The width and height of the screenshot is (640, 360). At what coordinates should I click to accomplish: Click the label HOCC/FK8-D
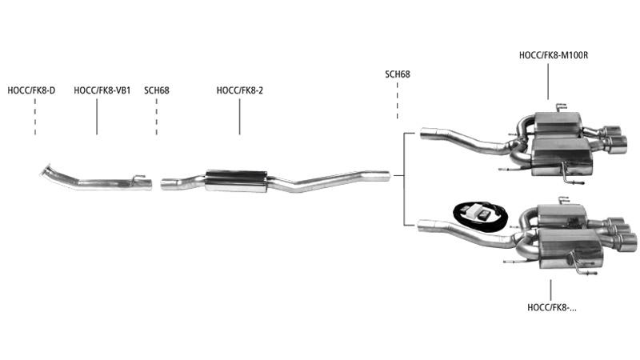pyautogui.click(x=31, y=90)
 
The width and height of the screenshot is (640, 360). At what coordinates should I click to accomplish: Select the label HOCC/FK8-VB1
pyautogui.click(x=102, y=90)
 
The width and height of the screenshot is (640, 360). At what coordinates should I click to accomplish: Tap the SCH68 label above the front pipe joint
pyautogui.click(x=156, y=90)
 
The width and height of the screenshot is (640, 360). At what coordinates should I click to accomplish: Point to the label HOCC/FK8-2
pyautogui.click(x=239, y=90)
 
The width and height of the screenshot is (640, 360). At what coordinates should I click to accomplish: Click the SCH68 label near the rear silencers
pyautogui.click(x=398, y=74)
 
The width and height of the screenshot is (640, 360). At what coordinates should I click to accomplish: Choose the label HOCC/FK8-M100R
pyautogui.click(x=554, y=55)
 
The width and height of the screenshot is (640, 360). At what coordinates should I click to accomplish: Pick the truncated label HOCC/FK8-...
pyautogui.click(x=552, y=308)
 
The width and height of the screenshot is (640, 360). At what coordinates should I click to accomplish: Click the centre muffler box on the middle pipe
pyautogui.click(x=236, y=181)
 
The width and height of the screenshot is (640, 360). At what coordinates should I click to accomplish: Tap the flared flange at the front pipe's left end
pyautogui.click(x=45, y=170)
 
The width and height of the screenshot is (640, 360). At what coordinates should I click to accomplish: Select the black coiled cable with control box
pyautogui.click(x=481, y=216)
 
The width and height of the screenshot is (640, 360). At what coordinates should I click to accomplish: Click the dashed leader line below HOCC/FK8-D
pyautogui.click(x=35, y=117)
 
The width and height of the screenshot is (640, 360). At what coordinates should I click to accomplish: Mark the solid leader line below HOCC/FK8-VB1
pyautogui.click(x=97, y=117)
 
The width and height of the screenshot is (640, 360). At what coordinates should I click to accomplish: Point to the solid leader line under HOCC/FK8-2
pyautogui.click(x=239, y=117)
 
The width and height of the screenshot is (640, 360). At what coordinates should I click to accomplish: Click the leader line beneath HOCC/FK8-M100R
pyautogui.click(x=548, y=82)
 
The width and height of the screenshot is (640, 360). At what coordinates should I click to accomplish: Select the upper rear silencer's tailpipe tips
pyautogui.click(x=614, y=139)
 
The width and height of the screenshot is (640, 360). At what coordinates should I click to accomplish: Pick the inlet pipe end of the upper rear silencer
pyautogui.click(x=428, y=134)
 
